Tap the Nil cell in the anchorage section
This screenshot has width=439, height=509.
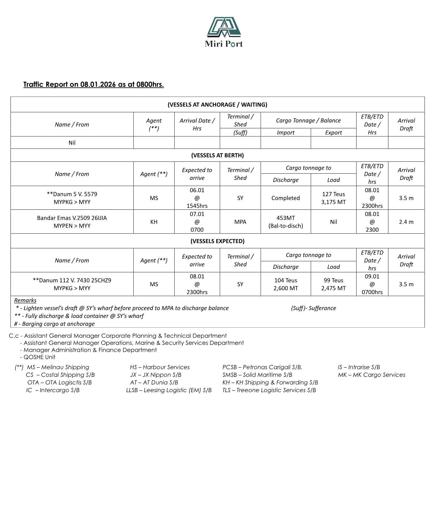(72, 143)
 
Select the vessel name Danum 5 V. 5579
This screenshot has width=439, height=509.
(72, 194)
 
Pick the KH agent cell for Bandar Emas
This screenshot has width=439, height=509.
(154, 222)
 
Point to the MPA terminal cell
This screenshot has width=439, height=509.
(240, 222)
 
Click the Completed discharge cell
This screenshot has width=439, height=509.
(285, 198)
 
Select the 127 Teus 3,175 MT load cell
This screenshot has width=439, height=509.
(333, 198)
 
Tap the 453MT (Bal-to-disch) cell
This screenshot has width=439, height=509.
(285, 222)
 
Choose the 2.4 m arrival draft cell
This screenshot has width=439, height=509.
(406, 222)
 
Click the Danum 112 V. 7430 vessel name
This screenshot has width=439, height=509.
(72, 280)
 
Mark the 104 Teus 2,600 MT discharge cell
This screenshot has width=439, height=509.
(285, 284)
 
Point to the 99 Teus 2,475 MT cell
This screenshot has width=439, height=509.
(333, 284)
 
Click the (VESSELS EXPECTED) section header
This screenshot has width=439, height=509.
(217, 241)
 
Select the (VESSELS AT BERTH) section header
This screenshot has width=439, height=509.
(217, 155)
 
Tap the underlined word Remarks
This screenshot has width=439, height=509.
(25, 300)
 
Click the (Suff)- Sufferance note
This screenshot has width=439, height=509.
(313, 308)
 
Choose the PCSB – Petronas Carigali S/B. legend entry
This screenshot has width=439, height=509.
(262, 367)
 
